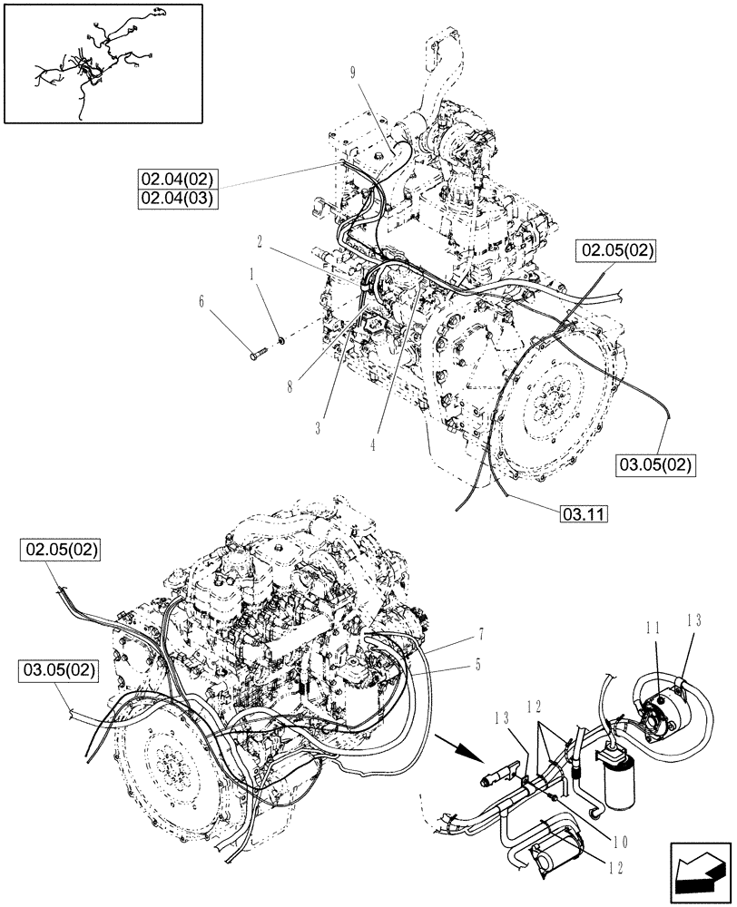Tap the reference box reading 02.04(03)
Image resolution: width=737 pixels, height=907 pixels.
coord(178,198)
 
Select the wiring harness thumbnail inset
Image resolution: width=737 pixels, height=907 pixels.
coord(102,62)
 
